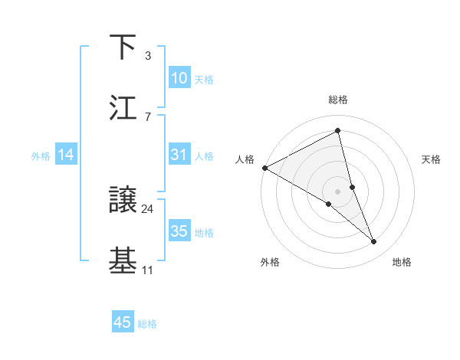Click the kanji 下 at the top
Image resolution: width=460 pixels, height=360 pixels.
[123, 47]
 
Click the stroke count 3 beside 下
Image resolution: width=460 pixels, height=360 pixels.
[148, 56]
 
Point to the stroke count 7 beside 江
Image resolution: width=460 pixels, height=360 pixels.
[148, 116]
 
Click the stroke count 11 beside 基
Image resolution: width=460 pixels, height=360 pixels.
[148, 270]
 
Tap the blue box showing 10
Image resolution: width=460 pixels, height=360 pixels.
[179, 78]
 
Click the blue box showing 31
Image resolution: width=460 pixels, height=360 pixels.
[179, 155]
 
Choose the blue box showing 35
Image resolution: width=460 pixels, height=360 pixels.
[179, 231]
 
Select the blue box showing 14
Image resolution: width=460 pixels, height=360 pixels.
[66, 155]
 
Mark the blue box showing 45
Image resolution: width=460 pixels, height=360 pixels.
[123, 322]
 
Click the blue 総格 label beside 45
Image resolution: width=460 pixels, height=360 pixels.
[147, 324]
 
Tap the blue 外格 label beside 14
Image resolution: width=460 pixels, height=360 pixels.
[41, 156]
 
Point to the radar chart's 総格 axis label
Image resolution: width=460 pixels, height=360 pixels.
[338, 100]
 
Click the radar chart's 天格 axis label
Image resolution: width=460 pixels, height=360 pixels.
[432, 159]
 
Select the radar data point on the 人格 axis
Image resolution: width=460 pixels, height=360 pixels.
[264, 168]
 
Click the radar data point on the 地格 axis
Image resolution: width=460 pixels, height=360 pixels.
[374, 242]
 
